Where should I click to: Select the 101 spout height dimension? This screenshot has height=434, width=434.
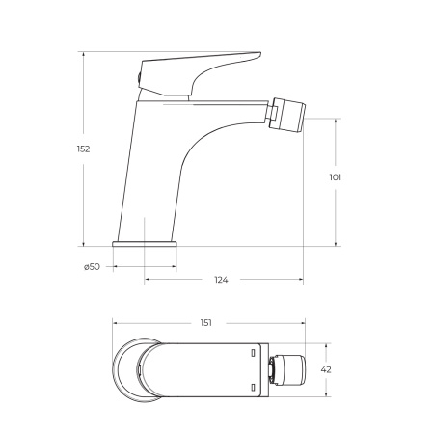335,176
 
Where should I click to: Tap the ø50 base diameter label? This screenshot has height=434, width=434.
92,266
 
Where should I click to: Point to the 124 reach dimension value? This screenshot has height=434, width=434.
221,280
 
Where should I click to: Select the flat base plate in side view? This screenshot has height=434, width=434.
146,244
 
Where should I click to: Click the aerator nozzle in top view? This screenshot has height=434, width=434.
286,369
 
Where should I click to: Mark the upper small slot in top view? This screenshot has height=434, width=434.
253,354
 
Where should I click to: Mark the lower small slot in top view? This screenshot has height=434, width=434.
253,386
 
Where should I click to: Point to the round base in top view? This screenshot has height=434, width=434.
130,369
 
